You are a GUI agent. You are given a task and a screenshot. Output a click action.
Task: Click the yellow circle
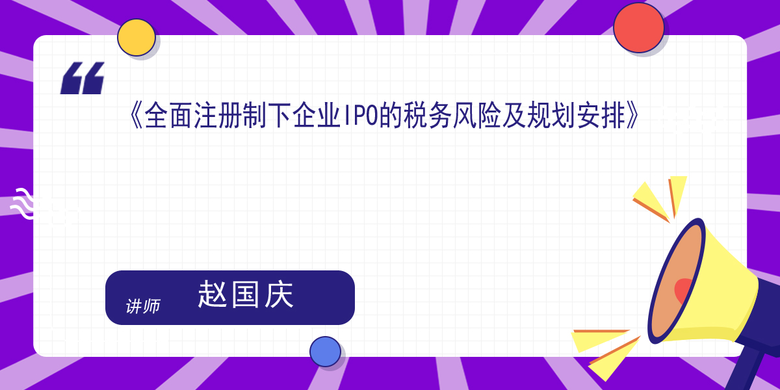(x=136, y=37)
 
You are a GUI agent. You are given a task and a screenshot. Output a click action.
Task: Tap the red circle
(x=638, y=28)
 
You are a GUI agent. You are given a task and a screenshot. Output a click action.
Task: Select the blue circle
(x=325, y=352)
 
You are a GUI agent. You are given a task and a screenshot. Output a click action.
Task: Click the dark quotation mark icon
(x=82, y=78)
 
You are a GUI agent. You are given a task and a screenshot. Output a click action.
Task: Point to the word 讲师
(x=143, y=306)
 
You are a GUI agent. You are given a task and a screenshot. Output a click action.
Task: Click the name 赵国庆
(x=246, y=294)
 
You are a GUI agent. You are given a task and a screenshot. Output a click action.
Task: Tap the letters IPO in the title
(x=361, y=116)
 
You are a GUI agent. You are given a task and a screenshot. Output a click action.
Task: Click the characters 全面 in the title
(x=168, y=116)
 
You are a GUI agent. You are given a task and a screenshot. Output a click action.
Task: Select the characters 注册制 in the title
(x=230, y=116)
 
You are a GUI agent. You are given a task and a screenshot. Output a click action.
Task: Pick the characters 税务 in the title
(x=428, y=116)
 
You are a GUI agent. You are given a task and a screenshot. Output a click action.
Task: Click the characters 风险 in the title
(x=477, y=116)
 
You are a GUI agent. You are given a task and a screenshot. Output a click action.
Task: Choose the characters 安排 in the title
(x=601, y=116)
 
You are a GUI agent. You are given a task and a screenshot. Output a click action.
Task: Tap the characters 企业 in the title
(x=317, y=116)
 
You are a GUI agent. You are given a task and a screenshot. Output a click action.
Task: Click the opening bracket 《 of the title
(x=136, y=116)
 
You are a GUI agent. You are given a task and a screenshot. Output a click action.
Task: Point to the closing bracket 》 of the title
(x=632, y=116)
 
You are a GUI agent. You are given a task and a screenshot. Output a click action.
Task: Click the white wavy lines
(x=22, y=203)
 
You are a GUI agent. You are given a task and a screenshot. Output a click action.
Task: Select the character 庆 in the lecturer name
(x=279, y=294)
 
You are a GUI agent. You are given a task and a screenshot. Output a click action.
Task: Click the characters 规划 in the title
(x=552, y=116)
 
